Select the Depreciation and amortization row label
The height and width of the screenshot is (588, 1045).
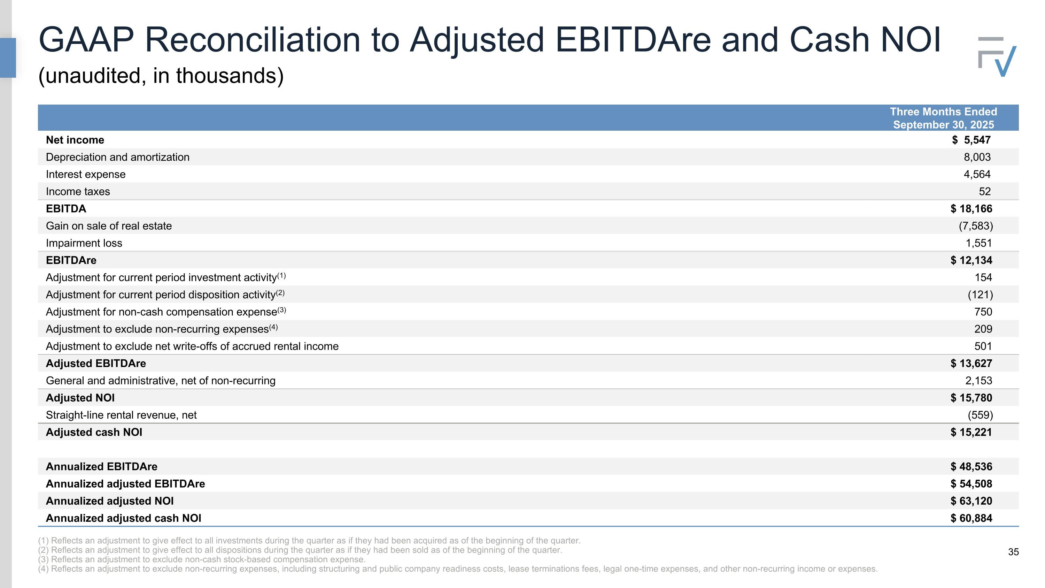pyautogui.click(x=118, y=157)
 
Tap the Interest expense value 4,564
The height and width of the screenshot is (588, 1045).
pyautogui.click(x=977, y=175)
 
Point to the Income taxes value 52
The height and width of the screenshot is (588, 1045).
pyautogui.click(x=984, y=192)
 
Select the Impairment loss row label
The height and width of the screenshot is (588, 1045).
pyautogui.click(x=84, y=243)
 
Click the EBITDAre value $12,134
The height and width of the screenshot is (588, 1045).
pyautogui.click(x=971, y=260)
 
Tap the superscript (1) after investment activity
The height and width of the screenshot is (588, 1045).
pyautogui.click(x=281, y=276)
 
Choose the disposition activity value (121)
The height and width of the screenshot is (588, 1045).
pyautogui.click(x=980, y=295)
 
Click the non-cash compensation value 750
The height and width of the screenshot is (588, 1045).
pyautogui.click(x=983, y=312)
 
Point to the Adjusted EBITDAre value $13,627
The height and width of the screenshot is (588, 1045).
pyautogui.click(x=971, y=364)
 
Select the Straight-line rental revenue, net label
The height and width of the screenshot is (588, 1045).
pyautogui.click(x=121, y=415)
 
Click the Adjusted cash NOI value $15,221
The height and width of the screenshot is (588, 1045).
pyautogui.click(x=971, y=432)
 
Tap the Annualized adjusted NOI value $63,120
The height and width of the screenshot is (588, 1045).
pyautogui.click(x=971, y=501)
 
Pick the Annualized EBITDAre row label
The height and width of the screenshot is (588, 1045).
pyautogui.click(x=101, y=467)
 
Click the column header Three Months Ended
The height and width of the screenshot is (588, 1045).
pyautogui.click(x=943, y=112)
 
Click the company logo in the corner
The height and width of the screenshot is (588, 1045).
pyautogui.click(x=997, y=57)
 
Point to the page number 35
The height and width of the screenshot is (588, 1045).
pyautogui.click(x=1013, y=552)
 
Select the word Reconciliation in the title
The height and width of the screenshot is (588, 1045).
pyautogui.click(x=252, y=40)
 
